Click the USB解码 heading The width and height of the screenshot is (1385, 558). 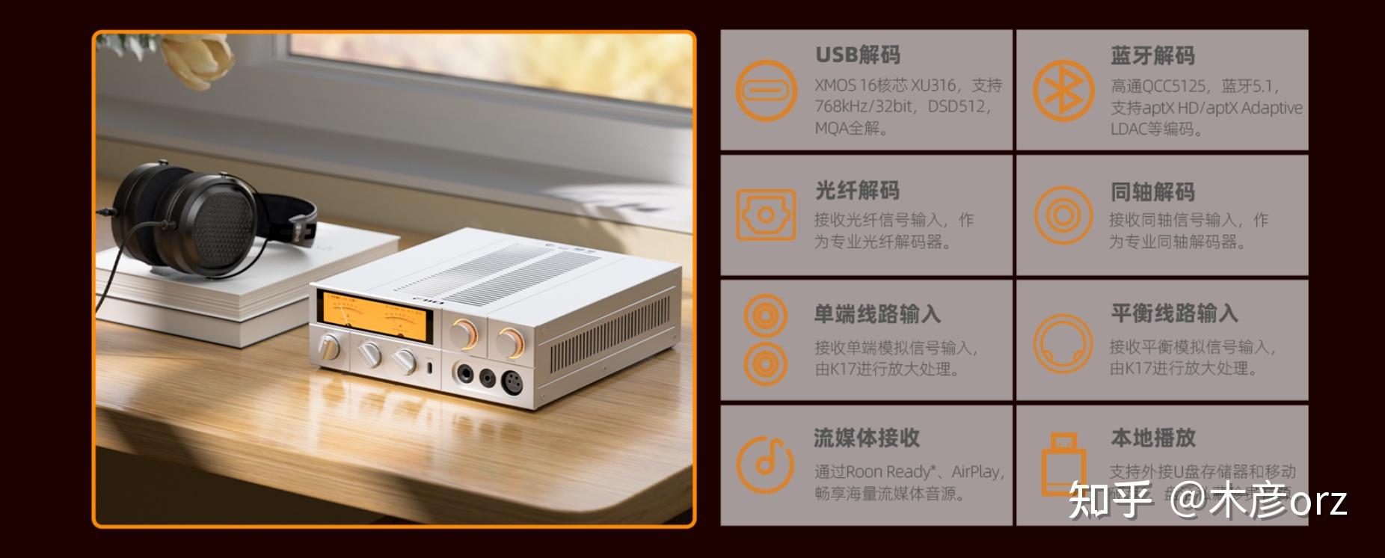[857, 55]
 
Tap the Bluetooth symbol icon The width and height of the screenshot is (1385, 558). [1063, 91]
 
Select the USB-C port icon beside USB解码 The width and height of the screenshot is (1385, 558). [766, 91]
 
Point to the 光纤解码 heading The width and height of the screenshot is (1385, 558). [857, 191]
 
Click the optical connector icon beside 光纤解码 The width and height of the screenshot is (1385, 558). [766, 215]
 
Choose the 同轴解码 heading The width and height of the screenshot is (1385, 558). [1152, 192]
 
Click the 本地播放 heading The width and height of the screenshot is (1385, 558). [1152, 438]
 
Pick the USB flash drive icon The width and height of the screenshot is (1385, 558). [1063, 464]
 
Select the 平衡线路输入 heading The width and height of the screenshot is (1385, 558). [1174, 313]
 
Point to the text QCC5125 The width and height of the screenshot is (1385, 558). [1173, 86]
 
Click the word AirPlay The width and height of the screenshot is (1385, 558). [976, 472]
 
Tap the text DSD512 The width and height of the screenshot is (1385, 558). [959, 107]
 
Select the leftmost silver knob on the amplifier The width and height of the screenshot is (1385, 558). [328, 347]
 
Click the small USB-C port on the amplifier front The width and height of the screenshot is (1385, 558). [430, 369]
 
